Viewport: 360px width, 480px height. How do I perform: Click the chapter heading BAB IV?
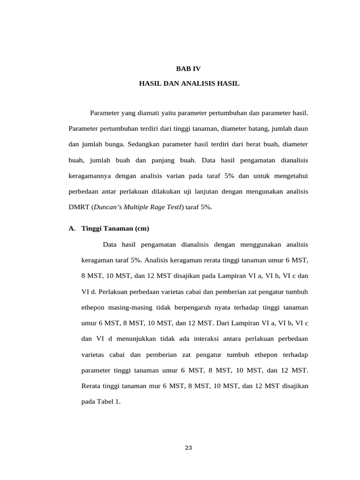(x=188, y=68)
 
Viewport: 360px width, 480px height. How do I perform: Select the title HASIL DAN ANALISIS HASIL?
(x=189, y=83)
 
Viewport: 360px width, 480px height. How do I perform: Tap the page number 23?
(x=188, y=448)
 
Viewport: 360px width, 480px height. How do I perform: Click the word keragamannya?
(x=89, y=175)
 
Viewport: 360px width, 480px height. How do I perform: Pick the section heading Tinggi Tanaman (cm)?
(x=115, y=229)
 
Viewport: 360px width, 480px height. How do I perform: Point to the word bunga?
(x=123, y=144)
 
